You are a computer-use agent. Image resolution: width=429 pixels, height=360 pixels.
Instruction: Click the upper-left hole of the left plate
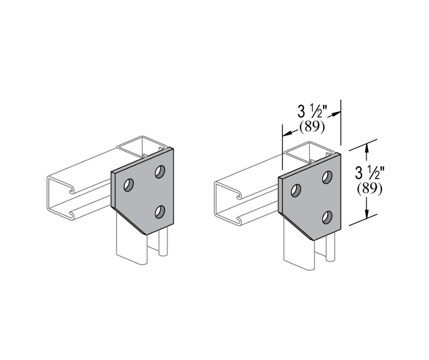[x=129, y=185]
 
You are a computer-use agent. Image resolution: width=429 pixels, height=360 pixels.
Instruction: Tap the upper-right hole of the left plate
[x=160, y=172]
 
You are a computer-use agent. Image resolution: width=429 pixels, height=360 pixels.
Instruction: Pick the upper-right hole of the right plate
[x=327, y=177]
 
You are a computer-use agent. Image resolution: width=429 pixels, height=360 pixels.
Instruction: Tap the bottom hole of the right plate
[x=327, y=217]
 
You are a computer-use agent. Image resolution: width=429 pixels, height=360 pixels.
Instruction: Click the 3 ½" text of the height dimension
[x=369, y=173]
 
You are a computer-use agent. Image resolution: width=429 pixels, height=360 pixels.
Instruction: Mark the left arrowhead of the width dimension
[x=287, y=134]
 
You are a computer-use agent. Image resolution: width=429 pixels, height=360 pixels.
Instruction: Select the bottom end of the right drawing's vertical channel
[x=299, y=265]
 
